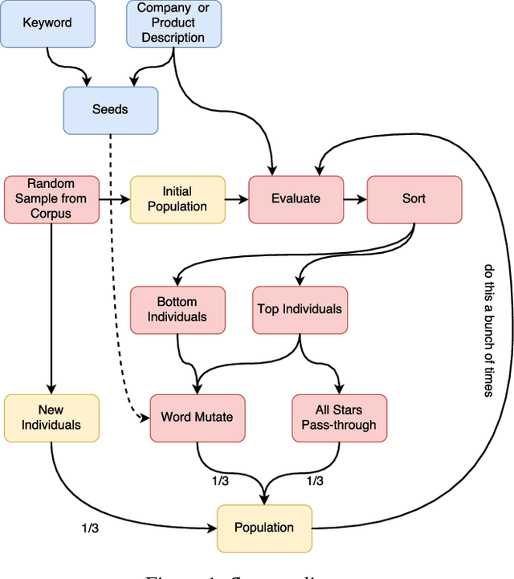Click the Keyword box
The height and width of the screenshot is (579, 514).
[47, 23]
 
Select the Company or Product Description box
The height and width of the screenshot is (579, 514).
[173, 23]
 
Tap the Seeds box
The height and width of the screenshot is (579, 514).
[110, 109]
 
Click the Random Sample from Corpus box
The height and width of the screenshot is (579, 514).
[51, 199]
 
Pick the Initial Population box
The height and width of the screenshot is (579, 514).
[177, 199]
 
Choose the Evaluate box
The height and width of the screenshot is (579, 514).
[296, 199]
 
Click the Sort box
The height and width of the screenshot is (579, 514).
[414, 199]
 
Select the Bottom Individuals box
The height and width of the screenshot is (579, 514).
[177, 309]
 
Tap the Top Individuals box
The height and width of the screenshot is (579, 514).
[300, 309]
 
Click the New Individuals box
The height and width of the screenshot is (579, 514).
[51, 418]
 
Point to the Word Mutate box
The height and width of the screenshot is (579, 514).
[198, 418]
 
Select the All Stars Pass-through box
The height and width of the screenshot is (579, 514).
[339, 418]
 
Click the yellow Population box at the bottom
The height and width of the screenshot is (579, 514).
[264, 528]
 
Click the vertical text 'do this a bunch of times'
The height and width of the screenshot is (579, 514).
[488, 329]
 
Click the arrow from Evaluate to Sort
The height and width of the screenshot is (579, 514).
[354, 199]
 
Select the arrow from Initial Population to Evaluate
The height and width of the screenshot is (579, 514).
[236, 199]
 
